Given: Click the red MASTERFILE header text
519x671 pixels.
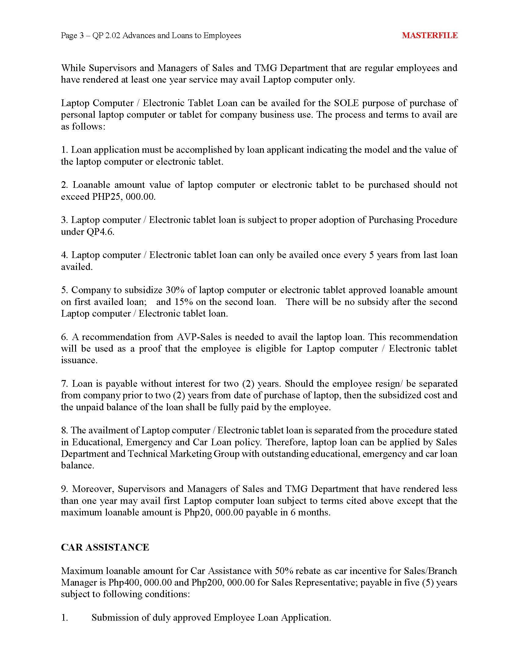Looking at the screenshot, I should coord(430,35).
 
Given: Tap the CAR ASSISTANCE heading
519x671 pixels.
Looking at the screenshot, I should coord(105,547).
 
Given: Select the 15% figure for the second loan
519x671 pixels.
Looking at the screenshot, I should coord(183,302).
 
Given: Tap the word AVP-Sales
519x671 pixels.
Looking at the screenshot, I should coord(199,337).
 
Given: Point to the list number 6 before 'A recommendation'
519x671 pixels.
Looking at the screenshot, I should coord(64,337).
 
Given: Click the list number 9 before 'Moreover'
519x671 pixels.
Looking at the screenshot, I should coord(64,489).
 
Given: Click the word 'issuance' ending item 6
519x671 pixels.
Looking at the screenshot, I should coord(79,361).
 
